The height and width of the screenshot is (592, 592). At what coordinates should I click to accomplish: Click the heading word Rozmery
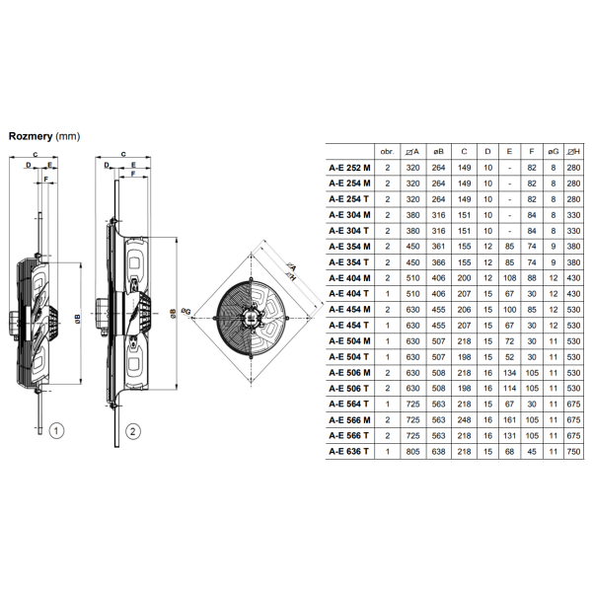point(31,136)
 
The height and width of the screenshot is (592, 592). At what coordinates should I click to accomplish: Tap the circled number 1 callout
point(56,431)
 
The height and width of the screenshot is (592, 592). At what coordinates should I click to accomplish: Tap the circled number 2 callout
point(132,431)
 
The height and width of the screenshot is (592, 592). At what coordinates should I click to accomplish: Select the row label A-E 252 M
point(349,168)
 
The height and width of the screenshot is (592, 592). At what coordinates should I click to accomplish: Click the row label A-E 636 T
point(348,452)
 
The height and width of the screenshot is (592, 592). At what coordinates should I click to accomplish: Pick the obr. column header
point(388,152)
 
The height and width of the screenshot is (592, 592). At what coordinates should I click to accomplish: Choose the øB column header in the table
point(438,152)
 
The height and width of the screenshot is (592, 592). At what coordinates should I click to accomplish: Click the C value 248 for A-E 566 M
point(464,420)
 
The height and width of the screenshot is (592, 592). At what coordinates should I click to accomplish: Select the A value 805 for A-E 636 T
point(412,452)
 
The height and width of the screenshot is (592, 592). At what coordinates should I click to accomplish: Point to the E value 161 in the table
point(509,420)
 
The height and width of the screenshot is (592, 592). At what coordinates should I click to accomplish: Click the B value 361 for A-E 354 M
point(438,247)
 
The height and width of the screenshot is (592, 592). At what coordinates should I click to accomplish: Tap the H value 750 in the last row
point(573,452)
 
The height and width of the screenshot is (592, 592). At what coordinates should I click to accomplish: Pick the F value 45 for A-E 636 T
point(532,452)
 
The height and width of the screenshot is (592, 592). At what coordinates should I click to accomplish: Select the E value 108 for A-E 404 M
point(509,278)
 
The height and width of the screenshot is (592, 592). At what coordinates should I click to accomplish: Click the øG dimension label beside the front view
point(186,311)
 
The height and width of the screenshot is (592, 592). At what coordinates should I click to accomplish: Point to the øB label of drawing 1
point(78,320)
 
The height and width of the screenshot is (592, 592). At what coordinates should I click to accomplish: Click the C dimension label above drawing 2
point(123,154)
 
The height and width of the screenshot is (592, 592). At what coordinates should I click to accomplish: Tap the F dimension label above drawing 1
point(46,179)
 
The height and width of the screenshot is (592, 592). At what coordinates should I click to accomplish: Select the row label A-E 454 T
point(348,326)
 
